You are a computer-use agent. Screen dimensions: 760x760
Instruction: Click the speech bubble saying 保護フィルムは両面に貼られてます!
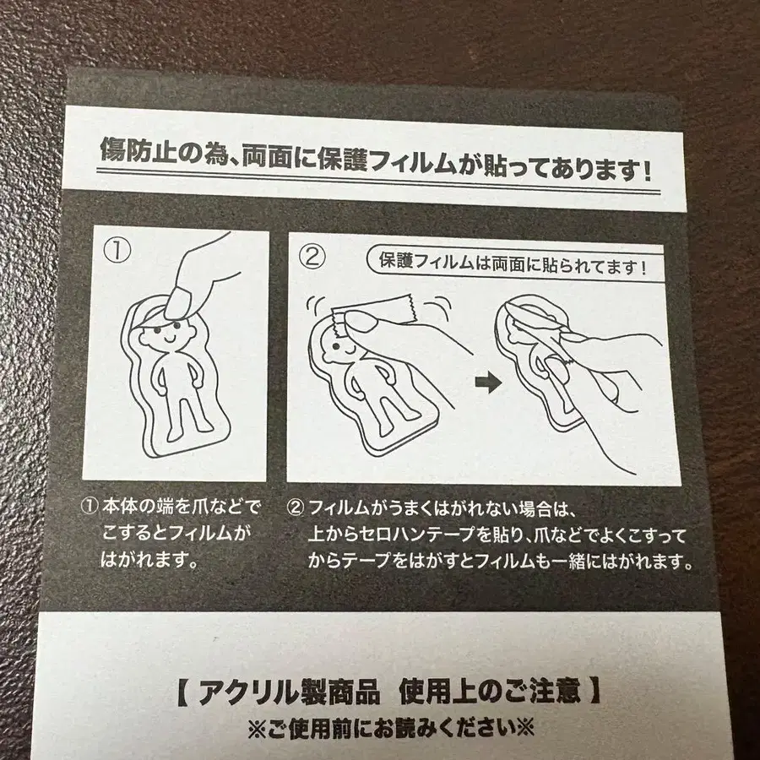(513, 269)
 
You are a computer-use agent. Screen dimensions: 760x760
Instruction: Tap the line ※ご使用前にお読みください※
(390, 726)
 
